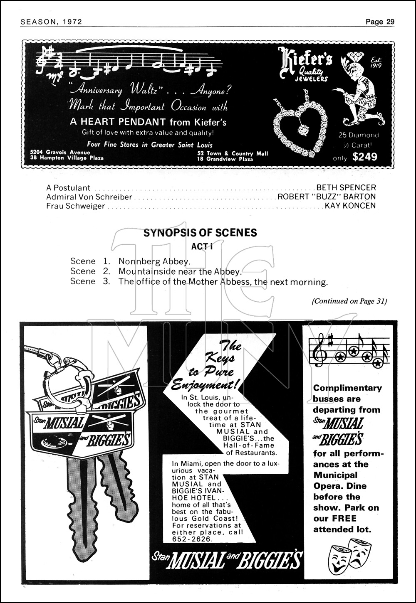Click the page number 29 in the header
(x=390, y=22)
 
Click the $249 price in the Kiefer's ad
(x=364, y=157)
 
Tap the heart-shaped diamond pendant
(x=300, y=126)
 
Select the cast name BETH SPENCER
(x=346, y=188)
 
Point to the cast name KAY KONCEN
(x=350, y=206)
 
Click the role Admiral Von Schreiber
(x=89, y=197)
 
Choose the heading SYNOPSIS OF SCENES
(x=200, y=233)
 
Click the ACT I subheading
(x=202, y=246)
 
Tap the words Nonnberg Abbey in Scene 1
(x=154, y=261)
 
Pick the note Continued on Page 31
(x=349, y=301)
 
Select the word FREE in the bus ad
(x=344, y=518)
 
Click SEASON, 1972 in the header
(x=51, y=22)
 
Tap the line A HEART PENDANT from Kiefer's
(x=148, y=122)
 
